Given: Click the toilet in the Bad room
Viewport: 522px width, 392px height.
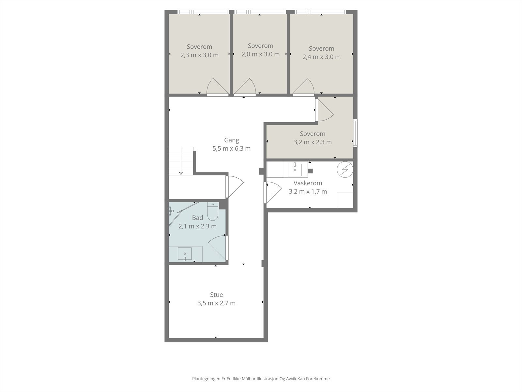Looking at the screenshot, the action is pyautogui.click(x=213, y=211).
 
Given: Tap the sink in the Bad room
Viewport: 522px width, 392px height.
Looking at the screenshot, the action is pyautogui.click(x=185, y=254).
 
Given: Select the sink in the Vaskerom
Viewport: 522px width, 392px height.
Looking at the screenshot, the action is pyautogui.click(x=295, y=169).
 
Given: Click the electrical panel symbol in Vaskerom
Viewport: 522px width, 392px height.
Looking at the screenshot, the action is pyautogui.click(x=345, y=170).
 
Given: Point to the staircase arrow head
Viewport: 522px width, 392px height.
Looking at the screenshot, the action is pyautogui.click(x=181, y=173).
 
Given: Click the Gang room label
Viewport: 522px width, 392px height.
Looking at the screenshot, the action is pyautogui.click(x=232, y=140).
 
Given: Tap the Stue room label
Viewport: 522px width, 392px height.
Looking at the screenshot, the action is pyautogui.click(x=216, y=295).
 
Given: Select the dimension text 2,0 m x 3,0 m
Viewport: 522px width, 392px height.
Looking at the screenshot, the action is pyautogui.click(x=261, y=54).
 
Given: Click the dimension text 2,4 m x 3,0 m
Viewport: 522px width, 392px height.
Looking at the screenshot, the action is pyautogui.click(x=322, y=57).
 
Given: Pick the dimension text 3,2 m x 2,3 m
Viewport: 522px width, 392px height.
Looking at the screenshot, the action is pyautogui.click(x=313, y=142).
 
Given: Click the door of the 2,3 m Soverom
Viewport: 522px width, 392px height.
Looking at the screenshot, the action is pyautogui.click(x=217, y=87).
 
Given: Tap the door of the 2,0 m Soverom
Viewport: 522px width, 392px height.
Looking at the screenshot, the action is pyautogui.click(x=245, y=87).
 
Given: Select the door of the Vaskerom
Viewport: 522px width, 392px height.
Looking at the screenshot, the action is pyautogui.click(x=273, y=192).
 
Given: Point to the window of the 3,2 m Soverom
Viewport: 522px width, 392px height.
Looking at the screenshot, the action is pyautogui.click(x=355, y=133).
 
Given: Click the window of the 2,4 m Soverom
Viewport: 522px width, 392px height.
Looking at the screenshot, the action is pyautogui.click(x=320, y=12).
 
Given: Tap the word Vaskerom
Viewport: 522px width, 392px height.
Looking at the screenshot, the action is pyautogui.click(x=308, y=183).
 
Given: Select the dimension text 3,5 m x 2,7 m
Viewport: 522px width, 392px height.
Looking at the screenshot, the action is pyautogui.click(x=216, y=303).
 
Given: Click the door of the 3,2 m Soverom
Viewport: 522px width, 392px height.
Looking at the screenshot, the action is pyautogui.click(x=324, y=110).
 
